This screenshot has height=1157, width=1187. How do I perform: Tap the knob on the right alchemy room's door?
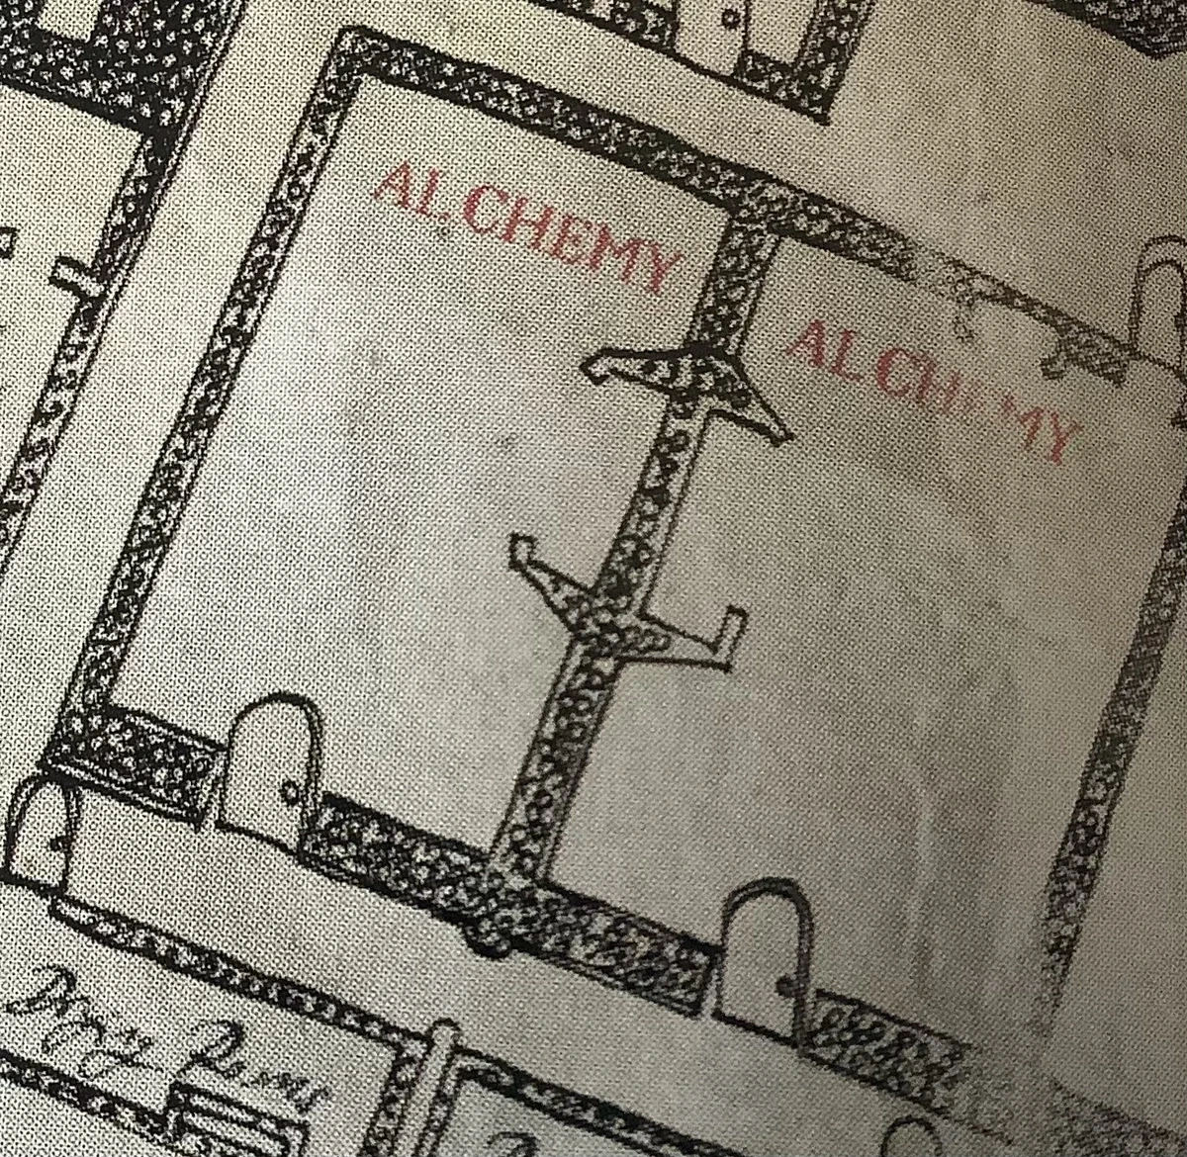[x=787, y=985]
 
